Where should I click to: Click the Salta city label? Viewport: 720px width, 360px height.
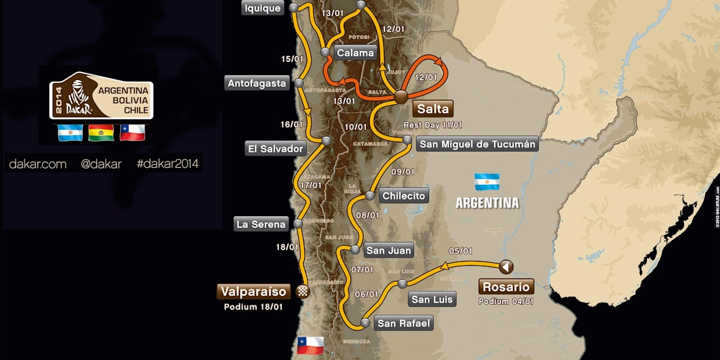tap(432, 109)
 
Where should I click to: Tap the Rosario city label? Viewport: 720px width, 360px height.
tap(505, 287)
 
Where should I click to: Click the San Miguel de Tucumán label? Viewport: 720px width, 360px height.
tap(477, 144)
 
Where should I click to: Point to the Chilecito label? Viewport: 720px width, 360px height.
tap(404, 196)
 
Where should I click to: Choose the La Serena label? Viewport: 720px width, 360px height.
tap(261, 224)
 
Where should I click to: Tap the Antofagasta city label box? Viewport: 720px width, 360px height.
tap(257, 83)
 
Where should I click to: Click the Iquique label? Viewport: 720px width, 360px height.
tap(262, 8)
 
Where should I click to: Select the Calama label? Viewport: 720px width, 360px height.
tap(355, 53)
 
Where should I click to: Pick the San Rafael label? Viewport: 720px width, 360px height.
tap(404, 324)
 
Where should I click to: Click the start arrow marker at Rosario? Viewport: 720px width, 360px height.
tap(506, 266)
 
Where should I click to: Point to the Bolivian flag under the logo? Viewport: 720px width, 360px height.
tap(100, 133)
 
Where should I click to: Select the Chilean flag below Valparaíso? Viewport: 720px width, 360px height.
tap(310, 345)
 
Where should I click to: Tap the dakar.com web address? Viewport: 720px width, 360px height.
tap(38, 164)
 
